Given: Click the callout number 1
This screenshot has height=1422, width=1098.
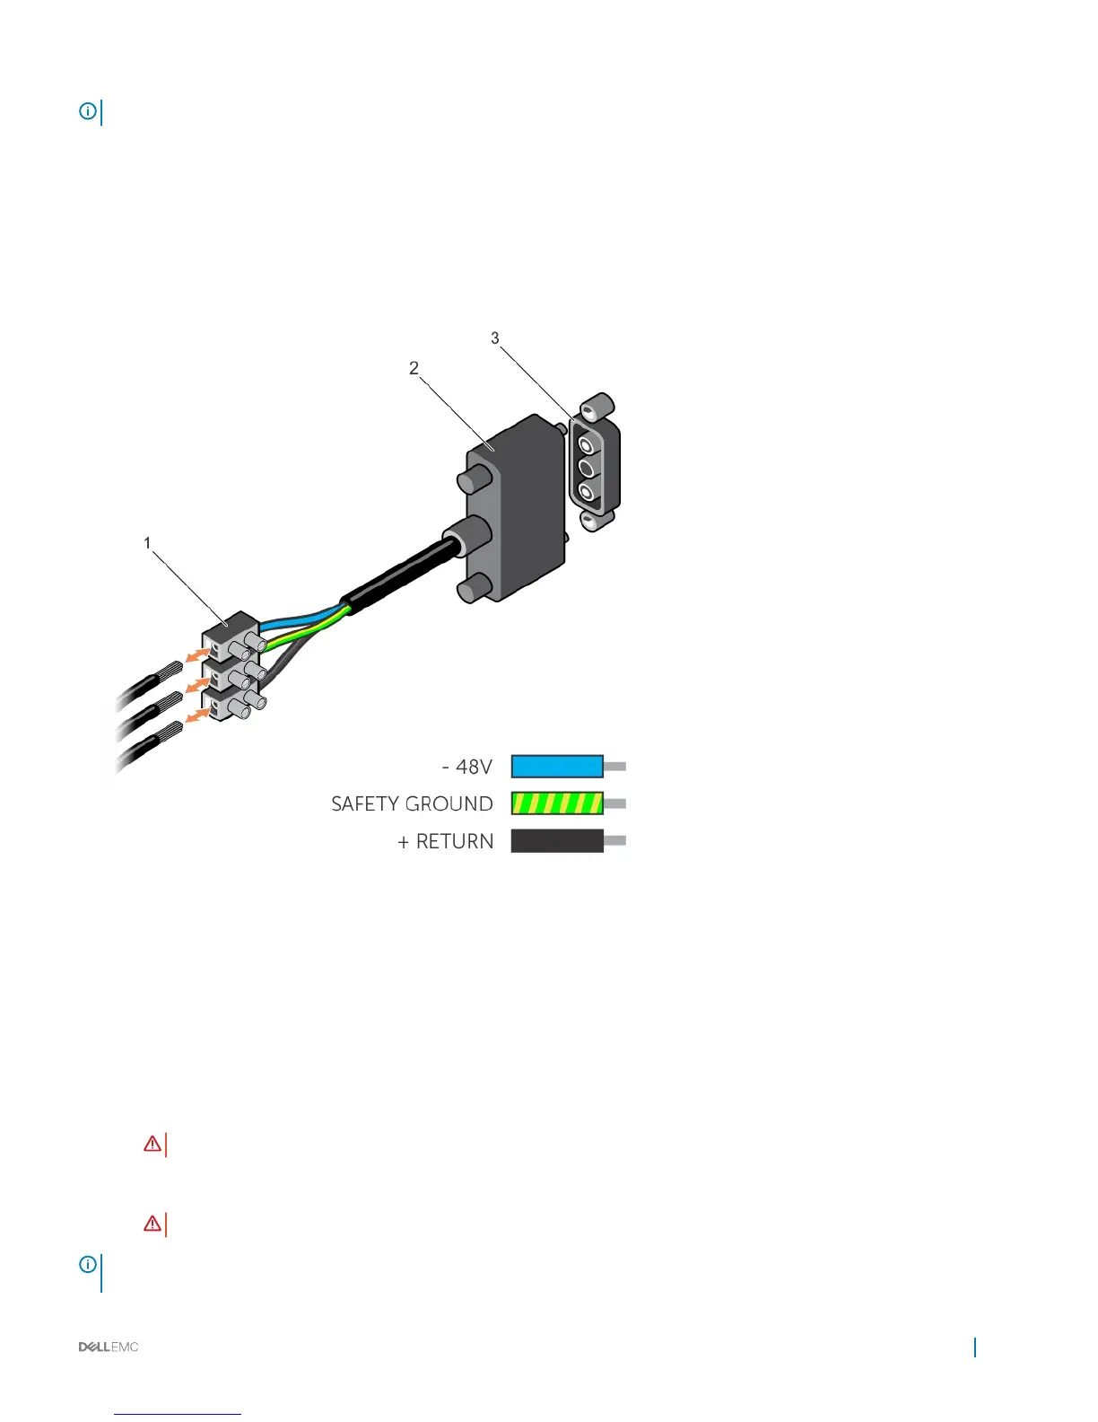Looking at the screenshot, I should [148, 543].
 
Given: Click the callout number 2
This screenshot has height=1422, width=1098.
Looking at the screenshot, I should [414, 368].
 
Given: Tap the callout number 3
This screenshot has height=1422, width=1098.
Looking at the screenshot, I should [494, 338].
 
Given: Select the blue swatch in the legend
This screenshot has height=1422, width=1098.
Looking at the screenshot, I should [557, 766].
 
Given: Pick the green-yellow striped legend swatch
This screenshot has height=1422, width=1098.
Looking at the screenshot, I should [557, 803].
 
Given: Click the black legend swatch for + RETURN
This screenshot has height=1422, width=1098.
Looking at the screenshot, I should [557, 841].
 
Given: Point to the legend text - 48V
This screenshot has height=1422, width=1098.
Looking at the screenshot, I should [467, 767].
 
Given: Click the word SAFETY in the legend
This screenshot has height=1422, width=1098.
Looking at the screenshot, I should [362, 804].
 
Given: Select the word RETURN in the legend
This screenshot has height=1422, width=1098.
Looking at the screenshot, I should [455, 842].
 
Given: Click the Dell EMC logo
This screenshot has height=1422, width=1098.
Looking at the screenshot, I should [109, 1347].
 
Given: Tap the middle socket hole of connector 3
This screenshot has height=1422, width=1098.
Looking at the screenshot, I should [588, 468].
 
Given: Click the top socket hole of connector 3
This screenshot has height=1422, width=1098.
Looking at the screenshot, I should [587, 443].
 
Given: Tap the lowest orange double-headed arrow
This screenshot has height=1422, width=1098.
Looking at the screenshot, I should [197, 715].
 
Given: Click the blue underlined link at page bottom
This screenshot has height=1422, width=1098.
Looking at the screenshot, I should [179, 1414].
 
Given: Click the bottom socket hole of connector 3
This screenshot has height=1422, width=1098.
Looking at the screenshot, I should [588, 492].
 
